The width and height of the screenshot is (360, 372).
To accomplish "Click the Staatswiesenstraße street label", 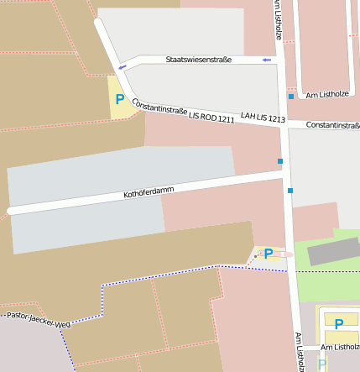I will coord(198,60).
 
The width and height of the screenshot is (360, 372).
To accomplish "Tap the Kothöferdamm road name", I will coord(149,191).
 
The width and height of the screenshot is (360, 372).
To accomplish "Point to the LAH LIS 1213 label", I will coord(263,120).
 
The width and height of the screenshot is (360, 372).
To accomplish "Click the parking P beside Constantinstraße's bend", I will coord(120,99).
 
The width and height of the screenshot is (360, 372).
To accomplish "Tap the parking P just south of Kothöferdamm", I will coord(269,253).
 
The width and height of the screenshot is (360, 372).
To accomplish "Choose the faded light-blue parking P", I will coord(322,364).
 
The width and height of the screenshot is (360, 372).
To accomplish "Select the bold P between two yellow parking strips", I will coord(339,324).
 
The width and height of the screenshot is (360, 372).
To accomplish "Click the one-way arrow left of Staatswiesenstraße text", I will coord(123,66).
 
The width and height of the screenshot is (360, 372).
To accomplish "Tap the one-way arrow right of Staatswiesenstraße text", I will coord(267,60).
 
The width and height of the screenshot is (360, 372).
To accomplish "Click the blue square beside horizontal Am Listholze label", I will coord(291,97).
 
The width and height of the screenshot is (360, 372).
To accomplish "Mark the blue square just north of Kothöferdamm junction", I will coord(280,160).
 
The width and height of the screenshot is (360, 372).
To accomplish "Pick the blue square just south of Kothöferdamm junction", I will coord(290,191).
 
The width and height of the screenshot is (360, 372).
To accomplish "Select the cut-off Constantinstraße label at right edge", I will coord(333,125).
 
